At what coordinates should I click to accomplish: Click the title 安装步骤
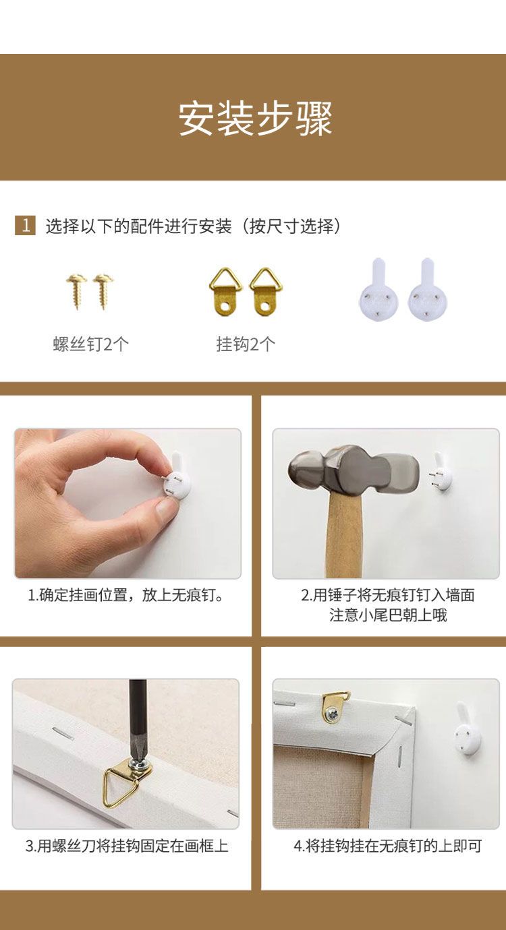pos(255,119)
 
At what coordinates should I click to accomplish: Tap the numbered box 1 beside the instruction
pos(25,226)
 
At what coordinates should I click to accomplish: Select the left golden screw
pos(76,291)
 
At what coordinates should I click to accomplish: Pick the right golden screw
pos(103,291)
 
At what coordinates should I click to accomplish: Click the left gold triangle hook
pos(225,292)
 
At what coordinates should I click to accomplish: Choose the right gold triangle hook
pos(266,292)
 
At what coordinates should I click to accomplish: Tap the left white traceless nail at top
pos(378,290)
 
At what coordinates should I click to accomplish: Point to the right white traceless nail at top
pos(428,290)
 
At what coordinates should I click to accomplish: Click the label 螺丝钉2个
pos(90,344)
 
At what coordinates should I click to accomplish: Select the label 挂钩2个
pos(246,344)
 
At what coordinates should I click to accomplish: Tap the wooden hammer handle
pos(345,538)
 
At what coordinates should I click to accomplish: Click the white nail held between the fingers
pos(178,474)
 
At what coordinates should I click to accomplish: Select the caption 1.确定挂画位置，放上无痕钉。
pos(126,595)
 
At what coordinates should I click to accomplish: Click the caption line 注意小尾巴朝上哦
pos(388,615)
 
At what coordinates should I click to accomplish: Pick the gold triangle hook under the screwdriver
pos(126,781)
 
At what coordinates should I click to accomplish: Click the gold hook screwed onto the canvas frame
pos(334,708)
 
